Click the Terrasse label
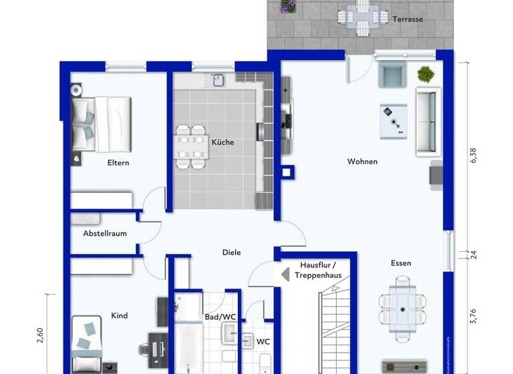[407, 19]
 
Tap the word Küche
[222, 142]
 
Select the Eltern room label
[118, 162]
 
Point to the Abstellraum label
[105, 234]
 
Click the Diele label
[232, 252]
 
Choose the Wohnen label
[362, 162]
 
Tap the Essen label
[401, 263]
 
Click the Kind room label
[120, 316]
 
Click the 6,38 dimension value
[474, 155]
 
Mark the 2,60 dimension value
[41, 334]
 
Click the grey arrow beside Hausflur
[283, 274]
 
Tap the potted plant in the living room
[425, 73]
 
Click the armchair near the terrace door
[391, 74]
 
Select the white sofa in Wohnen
[427, 121]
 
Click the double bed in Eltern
[101, 123]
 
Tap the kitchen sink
[217, 80]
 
